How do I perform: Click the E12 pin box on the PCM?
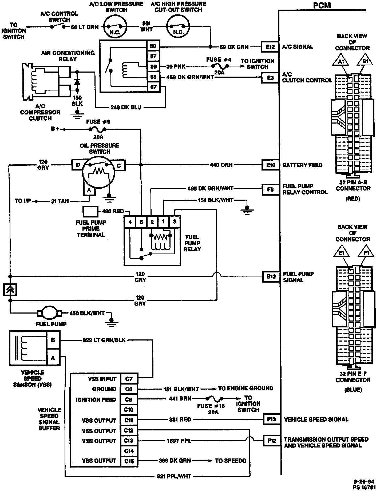pyautogui.click(x=270, y=47)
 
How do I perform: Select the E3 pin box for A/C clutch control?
pyautogui.click(x=270, y=78)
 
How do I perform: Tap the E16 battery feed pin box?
pyautogui.click(x=270, y=165)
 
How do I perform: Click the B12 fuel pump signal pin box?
pyautogui.click(x=271, y=276)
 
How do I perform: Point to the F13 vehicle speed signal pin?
pyautogui.click(x=271, y=419)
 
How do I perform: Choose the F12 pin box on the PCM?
pyautogui.click(x=272, y=441)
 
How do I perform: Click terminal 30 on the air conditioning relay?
pyautogui.click(x=153, y=46)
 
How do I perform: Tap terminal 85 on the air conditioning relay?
pyautogui.click(x=153, y=77)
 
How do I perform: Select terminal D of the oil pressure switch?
pyautogui.click(x=78, y=165)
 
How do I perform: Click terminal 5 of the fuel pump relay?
pyautogui.click(x=141, y=221)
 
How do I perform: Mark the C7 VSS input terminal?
pyautogui.click(x=129, y=379)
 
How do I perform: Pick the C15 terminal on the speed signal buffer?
pyautogui.click(x=129, y=461)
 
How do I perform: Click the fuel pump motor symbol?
pyautogui.click(x=49, y=313)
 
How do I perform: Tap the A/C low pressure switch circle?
pyautogui.click(x=115, y=27)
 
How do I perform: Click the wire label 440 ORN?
pyautogui.click(x=221, y=165)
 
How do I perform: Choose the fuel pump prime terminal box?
pyautogui.click(x=90, y=212)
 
